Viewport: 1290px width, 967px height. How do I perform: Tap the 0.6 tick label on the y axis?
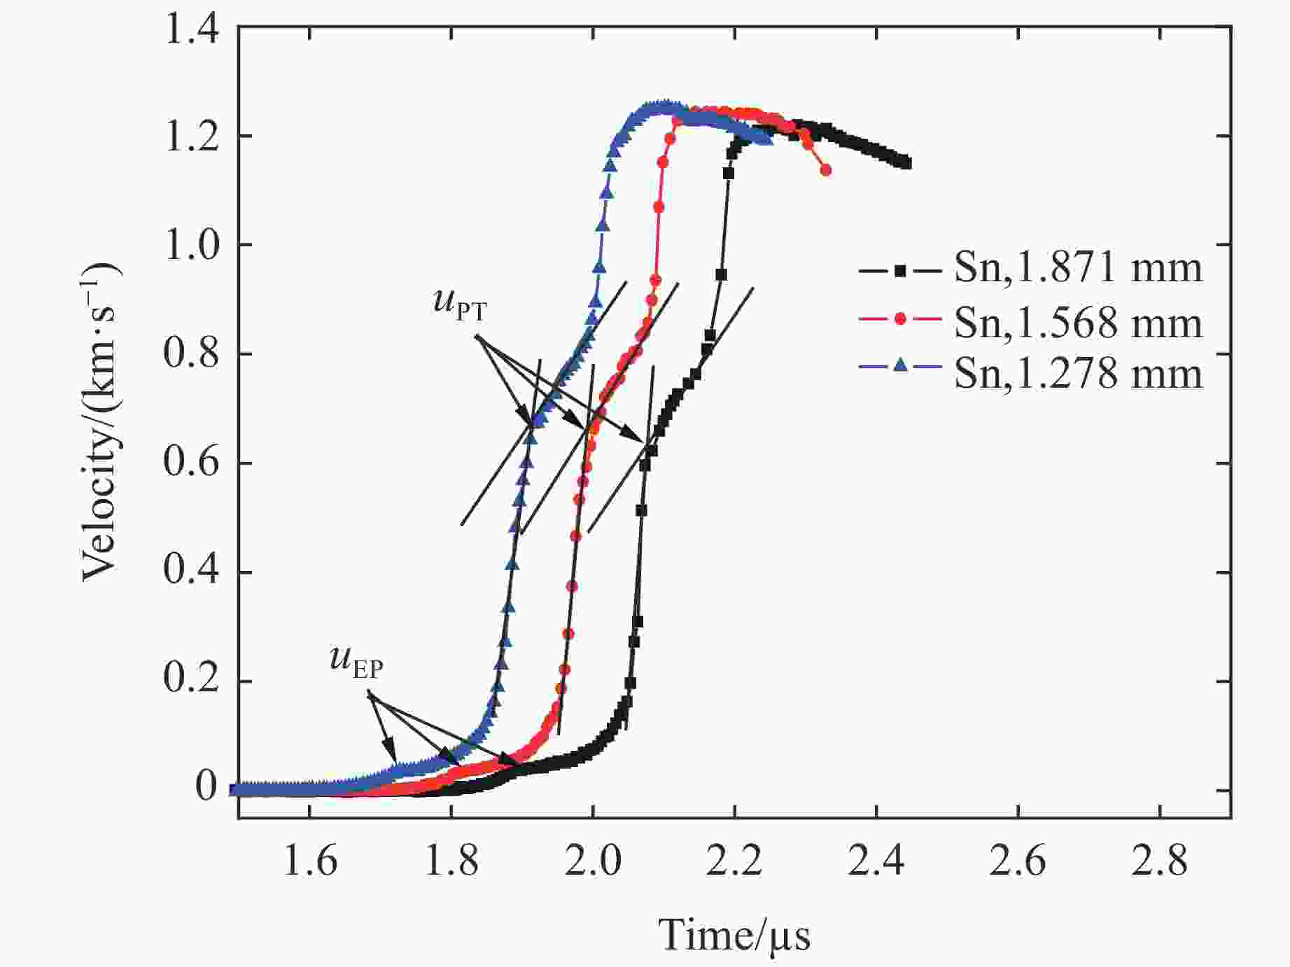pyautogui.click(x=191, y=463)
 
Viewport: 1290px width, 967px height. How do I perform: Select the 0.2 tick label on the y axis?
pyautogui.click(x=191, y=682)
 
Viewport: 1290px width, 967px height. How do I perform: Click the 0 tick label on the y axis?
pyautogui.click(x=206, y=788)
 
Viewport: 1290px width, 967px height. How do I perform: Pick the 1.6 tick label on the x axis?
pyautogui.click(x=309, y=860)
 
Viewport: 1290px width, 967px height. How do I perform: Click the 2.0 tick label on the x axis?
pyautogui.click(x=592, y=860)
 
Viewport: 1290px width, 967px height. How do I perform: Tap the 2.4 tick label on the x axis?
pyautogui.click(x=876, y=860)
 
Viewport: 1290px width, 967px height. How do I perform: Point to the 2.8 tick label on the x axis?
pyautogui.click(x=1159, y=860)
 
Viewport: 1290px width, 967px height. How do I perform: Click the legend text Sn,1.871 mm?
pyautogui.click(x=1078, y=269)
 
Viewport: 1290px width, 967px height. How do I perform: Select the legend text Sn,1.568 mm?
pyautogui.click(x=1078, y=321)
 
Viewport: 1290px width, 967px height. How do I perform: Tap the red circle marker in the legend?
pyautogui.click(x=900, y=321)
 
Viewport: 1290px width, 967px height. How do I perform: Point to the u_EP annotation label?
pyautogui.click(x=356, y=663)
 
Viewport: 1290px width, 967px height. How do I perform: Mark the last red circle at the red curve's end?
pyautogui.click(x=826, y=170)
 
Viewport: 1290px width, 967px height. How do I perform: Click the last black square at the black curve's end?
pyautogui.click(x=906, y=163)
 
